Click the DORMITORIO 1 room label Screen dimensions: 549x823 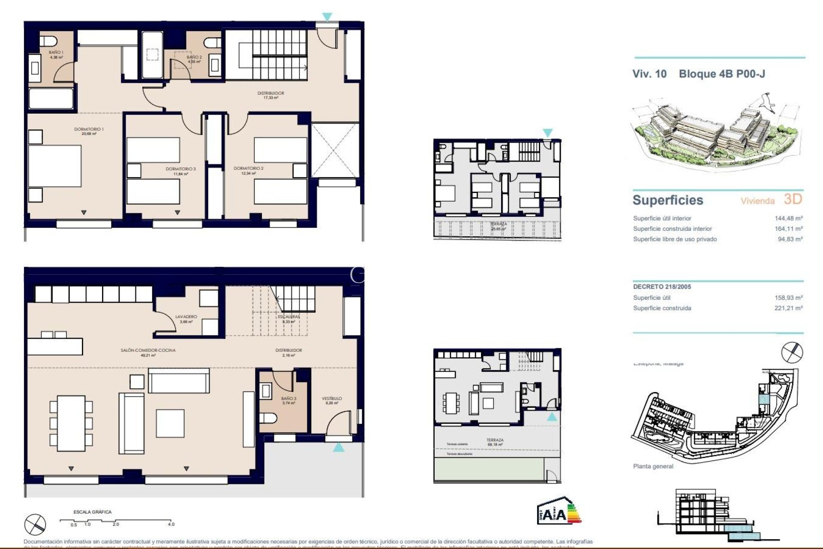point(89,129)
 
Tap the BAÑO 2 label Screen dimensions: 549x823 point(194,57)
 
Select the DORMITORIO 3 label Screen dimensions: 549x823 point(180,169)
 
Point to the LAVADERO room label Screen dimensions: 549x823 point(186,317)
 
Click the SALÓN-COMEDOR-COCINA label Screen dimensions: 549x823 point(148,350)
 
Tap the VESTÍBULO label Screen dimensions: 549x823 point(332,398)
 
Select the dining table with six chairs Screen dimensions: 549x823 point(71,423)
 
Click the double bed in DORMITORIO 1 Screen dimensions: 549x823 point(55,166)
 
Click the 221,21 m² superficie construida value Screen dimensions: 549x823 point(788,308)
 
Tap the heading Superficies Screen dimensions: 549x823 point(668,200)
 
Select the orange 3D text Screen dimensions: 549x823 point(793,199)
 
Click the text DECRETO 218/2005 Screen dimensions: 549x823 point(662,287)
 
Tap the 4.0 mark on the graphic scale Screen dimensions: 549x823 point(171,524)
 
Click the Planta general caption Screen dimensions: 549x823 point(653,466)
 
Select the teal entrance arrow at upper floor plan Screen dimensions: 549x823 point(327,17)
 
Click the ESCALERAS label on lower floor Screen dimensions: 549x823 point(288,317)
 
